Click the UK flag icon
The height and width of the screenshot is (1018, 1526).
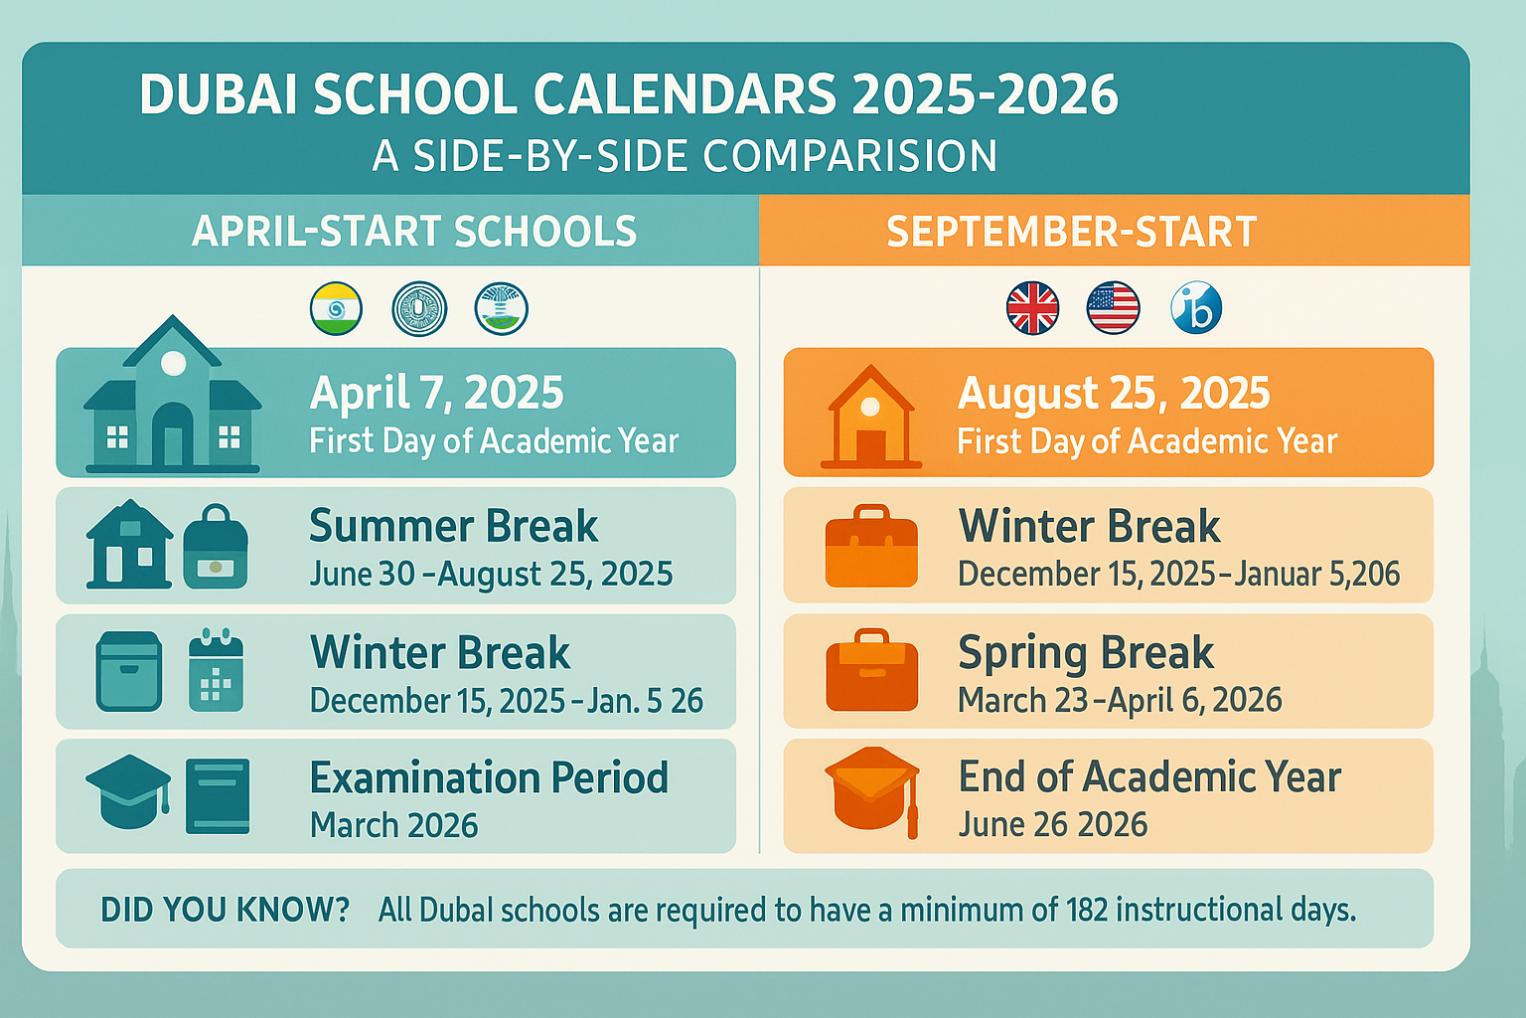[x=1032, y=308]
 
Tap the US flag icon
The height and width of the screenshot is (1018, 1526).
[x=1113, y=308]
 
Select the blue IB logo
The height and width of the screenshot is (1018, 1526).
[x=1196, y=308]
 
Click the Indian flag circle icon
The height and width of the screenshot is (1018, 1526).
[x=336, y=308]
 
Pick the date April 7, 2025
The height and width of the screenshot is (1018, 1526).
[x=436, y=394]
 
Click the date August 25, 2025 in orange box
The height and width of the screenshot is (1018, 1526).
[x=1113, y=394]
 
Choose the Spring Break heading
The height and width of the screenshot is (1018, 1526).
[x=1085, y=653]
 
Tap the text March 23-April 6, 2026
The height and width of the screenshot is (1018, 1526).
[x=1119, y=701]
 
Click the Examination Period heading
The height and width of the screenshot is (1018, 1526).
[x=489, y=778]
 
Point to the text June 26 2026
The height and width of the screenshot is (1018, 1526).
[x=1052, y=825]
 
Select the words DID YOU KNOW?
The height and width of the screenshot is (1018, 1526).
[x=225, y=910]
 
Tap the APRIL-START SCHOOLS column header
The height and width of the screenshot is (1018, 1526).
[x=413, y=232]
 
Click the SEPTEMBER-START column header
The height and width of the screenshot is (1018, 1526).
[x=1071, y=232]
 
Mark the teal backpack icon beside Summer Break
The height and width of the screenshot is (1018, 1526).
[x=216, y=547]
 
